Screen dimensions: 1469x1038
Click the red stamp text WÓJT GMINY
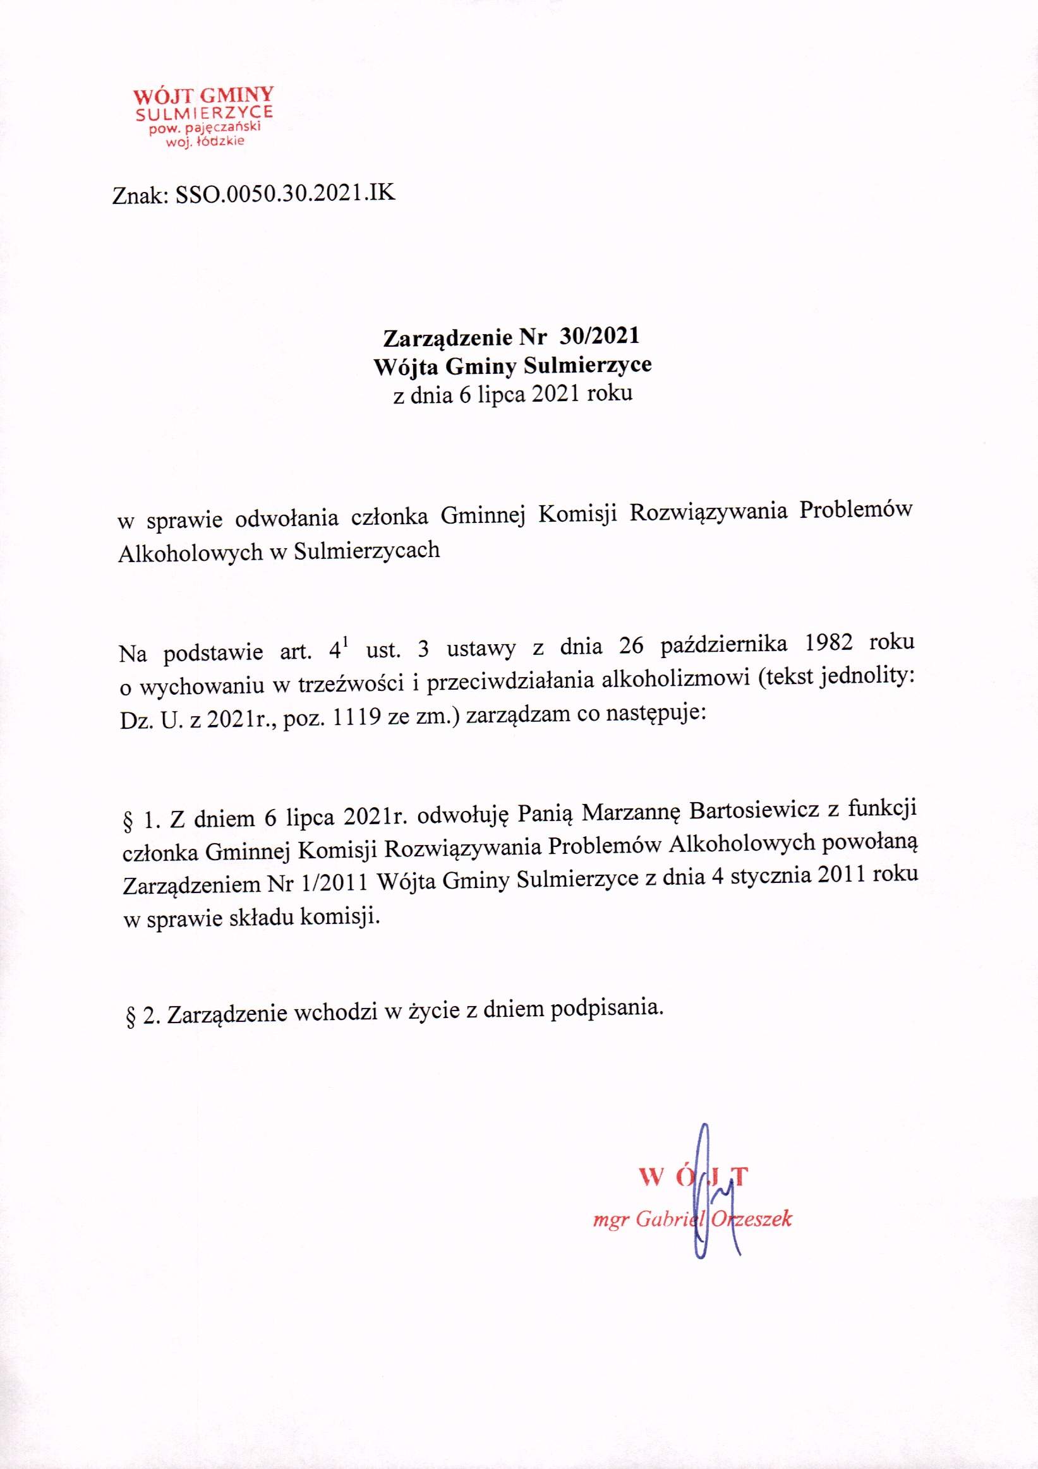(203, 96)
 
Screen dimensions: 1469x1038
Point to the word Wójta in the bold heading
(405, 365)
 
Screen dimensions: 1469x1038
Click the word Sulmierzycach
(366, 550)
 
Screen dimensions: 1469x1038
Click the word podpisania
(604, 1009)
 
